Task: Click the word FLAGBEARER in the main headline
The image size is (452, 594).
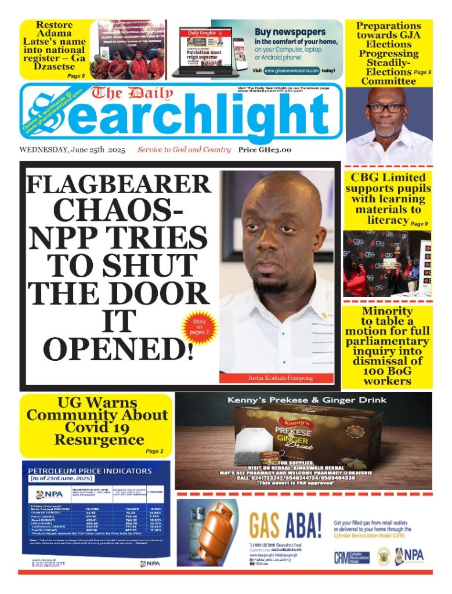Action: pos(119,185)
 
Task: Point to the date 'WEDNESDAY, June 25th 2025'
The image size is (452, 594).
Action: pos(72,150)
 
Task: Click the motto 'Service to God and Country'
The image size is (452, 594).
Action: pos(184,150)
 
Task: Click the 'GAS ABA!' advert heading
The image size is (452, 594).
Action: pos(285,526)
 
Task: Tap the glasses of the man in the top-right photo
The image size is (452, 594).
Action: pos(385,108)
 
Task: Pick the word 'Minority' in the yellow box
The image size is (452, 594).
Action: pos(387,311)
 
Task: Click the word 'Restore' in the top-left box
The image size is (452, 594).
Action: pos(54,25)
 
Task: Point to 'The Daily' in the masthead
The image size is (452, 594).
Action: pos(131,93)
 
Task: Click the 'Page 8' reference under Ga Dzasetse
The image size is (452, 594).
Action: pos(75,76)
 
